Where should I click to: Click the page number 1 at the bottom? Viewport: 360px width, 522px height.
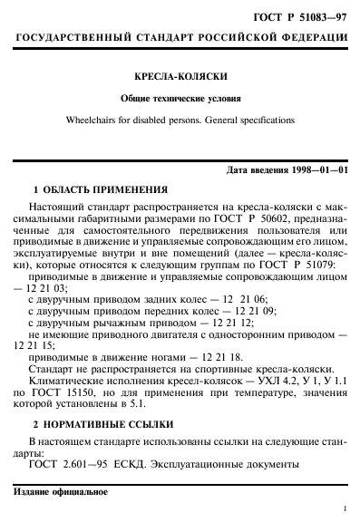point(345,510)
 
